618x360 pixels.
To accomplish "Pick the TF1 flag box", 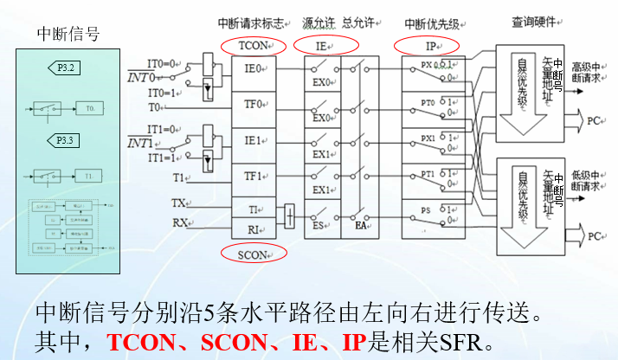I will (253, 177).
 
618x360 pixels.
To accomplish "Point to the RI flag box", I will (253, 229).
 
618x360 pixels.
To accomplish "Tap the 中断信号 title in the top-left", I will (68, 35).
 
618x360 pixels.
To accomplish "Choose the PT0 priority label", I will (428, 103).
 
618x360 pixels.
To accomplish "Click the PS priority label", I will (426, 210).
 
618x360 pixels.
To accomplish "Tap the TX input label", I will (179, 204).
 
